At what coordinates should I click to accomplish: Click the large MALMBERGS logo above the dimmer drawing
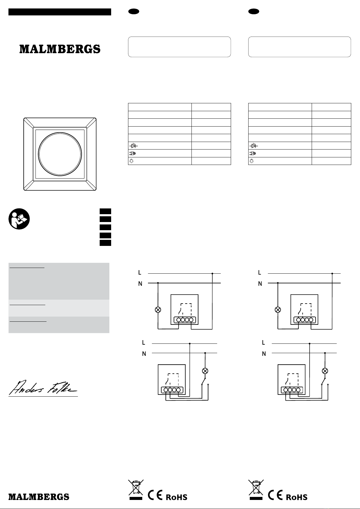(x=60, y=49)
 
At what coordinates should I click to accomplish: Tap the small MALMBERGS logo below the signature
(x=39, y=497)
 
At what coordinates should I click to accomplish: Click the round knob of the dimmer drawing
(x=60, y=154)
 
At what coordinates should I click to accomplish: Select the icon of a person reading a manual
(x=19, y=219)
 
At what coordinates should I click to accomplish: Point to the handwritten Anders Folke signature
(x=43, y=388)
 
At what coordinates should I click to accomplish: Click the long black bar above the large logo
(x=60, y=12)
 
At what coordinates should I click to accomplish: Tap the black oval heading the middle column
(x=134, y=11)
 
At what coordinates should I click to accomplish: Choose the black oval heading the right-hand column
(x=254, y=11)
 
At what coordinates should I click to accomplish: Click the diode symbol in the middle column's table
(x=133, y=145)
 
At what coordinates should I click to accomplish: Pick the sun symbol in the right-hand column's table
(x=252, y=161)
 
